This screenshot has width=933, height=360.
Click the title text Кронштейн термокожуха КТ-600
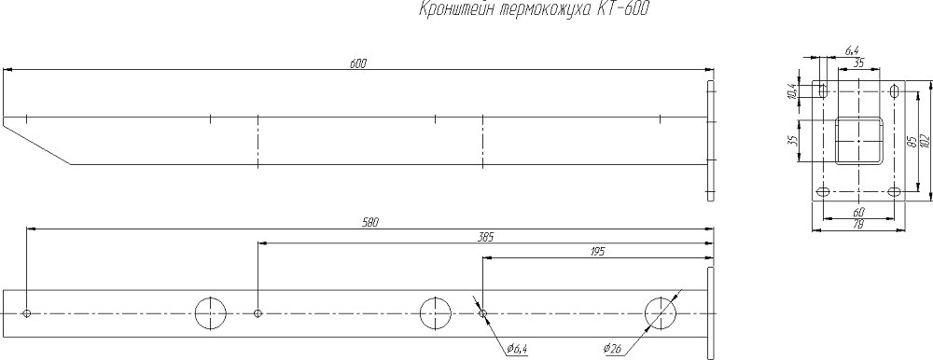pos(528,10)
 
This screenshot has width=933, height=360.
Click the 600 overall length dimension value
pos(358,63)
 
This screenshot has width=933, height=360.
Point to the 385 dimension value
pos(485,237)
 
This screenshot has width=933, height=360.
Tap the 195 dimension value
pos(598,252)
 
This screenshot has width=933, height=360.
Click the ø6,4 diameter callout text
pos(515,349)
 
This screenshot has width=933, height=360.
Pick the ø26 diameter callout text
pos(615,349)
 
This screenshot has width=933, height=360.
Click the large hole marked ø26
pos(661,313)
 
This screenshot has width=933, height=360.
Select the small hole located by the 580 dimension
pos(28,313)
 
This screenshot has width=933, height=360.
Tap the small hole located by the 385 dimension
pos(258,313)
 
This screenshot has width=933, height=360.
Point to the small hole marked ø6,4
pos(481,313)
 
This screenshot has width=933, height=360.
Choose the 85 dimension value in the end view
pos(910,141)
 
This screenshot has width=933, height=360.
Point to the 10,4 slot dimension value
pos(792,90)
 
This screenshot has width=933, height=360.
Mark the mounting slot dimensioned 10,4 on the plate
pos(822,90)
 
